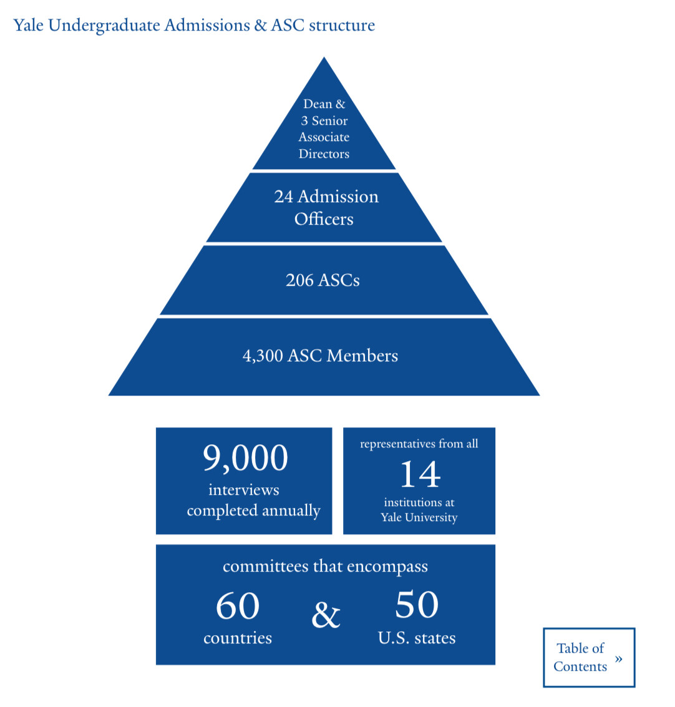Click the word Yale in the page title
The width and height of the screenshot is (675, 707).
point(28,26)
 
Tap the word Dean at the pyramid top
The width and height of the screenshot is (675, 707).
point(318,104)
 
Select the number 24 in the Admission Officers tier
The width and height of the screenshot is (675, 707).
point(283,197)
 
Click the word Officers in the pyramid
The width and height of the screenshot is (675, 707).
point(324,219)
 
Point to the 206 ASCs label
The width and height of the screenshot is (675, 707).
point(323,280)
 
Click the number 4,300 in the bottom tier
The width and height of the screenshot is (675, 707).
point(263,356)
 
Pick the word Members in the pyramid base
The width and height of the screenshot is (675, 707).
point(362,356)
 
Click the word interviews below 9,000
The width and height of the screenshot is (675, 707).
point(244,490)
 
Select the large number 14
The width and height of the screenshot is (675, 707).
point(420,474)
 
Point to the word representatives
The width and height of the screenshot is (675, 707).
point(397,444)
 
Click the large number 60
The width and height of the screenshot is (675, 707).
point(238,606)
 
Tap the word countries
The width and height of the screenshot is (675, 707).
point(238,638)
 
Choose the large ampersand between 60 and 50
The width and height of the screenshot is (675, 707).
point(326,615)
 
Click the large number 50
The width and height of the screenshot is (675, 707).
point(417,605)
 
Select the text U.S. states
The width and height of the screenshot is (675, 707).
point(417,638)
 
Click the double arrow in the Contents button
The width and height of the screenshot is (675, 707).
point(618,659)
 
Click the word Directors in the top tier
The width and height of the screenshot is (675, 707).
point(324,154)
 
